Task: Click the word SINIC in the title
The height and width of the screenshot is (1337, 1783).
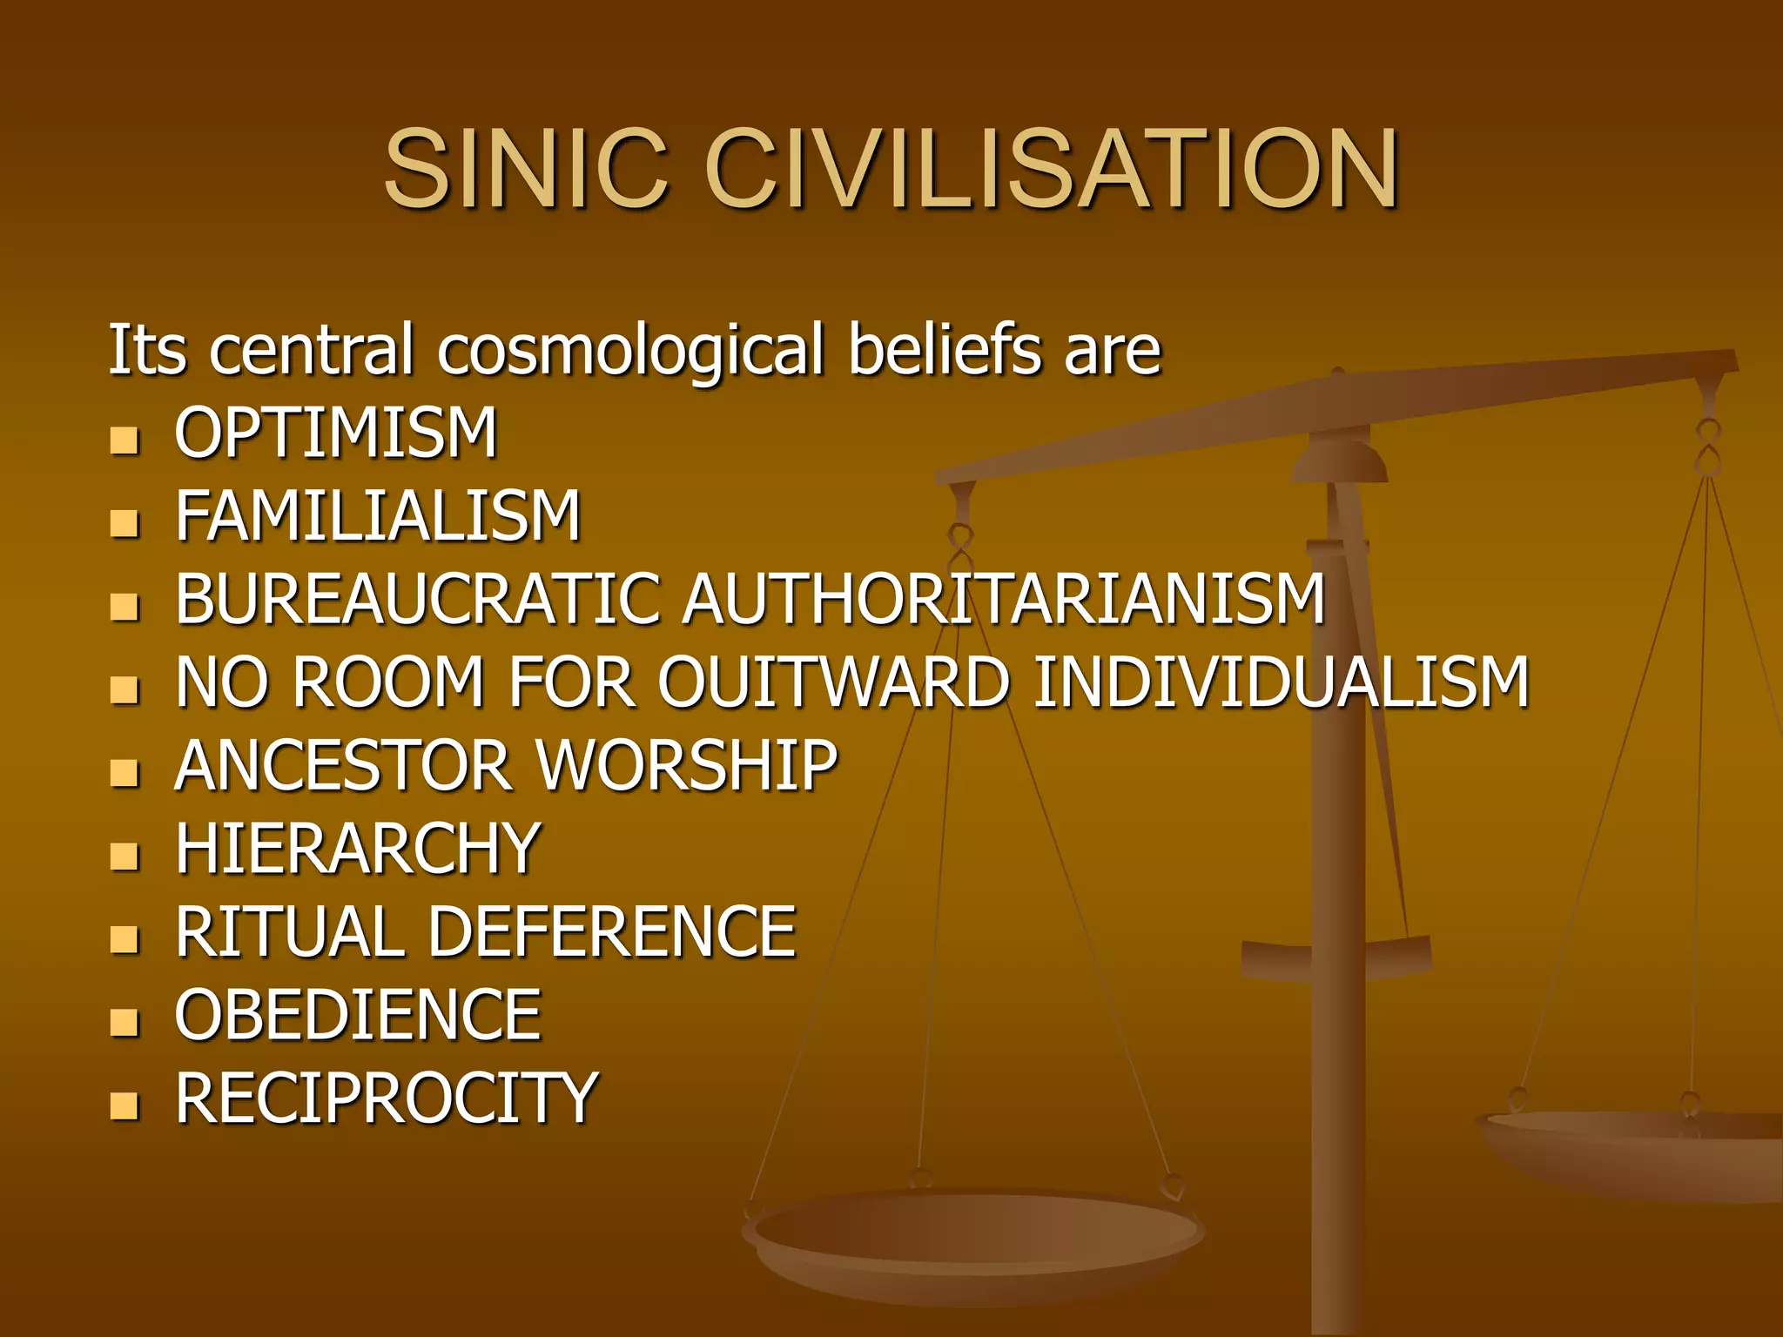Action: tap(526, 169)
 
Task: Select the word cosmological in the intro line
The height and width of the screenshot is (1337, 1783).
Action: tap(629, 350)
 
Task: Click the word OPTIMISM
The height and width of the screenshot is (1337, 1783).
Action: tap(335, 433)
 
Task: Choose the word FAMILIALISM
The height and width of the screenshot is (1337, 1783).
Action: tap(377, 516)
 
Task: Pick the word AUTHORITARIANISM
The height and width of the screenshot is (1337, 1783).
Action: tap(1003, 599)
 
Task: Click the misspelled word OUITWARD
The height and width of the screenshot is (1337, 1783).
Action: tap(833, 682)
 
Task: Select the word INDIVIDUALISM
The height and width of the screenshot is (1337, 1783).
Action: tap(1280, 682)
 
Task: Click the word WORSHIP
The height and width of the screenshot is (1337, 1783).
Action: tap(686, 766)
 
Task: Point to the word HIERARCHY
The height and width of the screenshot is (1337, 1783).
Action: tap(358, 850)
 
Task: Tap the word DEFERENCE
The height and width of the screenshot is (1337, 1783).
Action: tap(611, 932)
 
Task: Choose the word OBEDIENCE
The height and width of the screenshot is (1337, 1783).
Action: tap(358, 1016)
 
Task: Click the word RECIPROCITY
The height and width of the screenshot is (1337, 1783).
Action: tap(386, 1098)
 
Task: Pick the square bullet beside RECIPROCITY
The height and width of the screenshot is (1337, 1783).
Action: tap(125, 1105)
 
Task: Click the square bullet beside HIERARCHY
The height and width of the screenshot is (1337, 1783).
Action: tap(125, 857)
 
